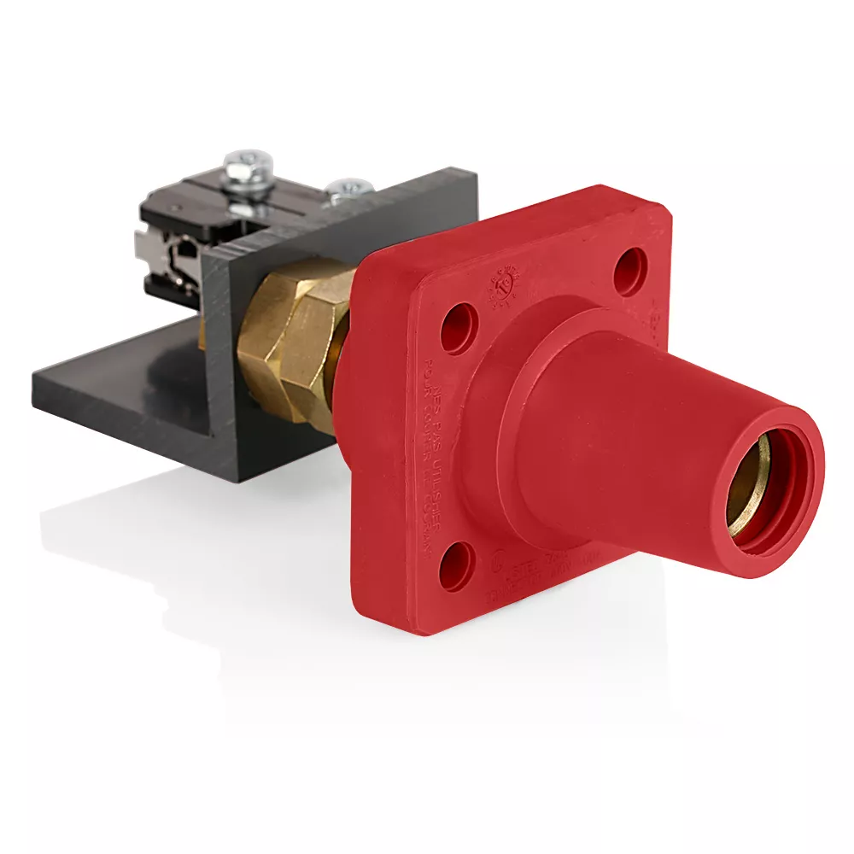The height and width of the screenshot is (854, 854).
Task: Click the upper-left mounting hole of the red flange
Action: click(x=459, y=328)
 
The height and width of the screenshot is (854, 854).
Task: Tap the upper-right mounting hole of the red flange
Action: click(x=630, y=271)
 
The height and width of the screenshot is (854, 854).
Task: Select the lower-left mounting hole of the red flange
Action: click(x=456, y=566)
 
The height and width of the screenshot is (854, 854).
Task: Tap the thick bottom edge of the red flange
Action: click(x=512, y=619)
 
